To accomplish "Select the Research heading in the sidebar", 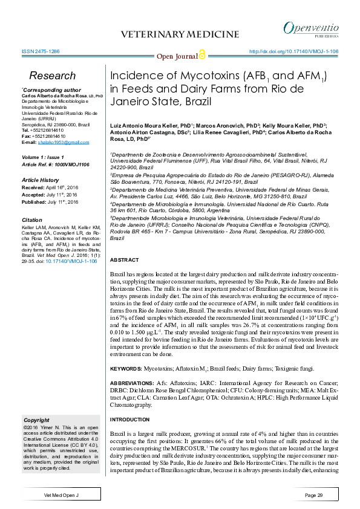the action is coord(53,76).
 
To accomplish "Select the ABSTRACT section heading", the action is coord(124,259).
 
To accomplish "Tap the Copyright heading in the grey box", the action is coord(36,420).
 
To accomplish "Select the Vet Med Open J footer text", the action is coord(62,495).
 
